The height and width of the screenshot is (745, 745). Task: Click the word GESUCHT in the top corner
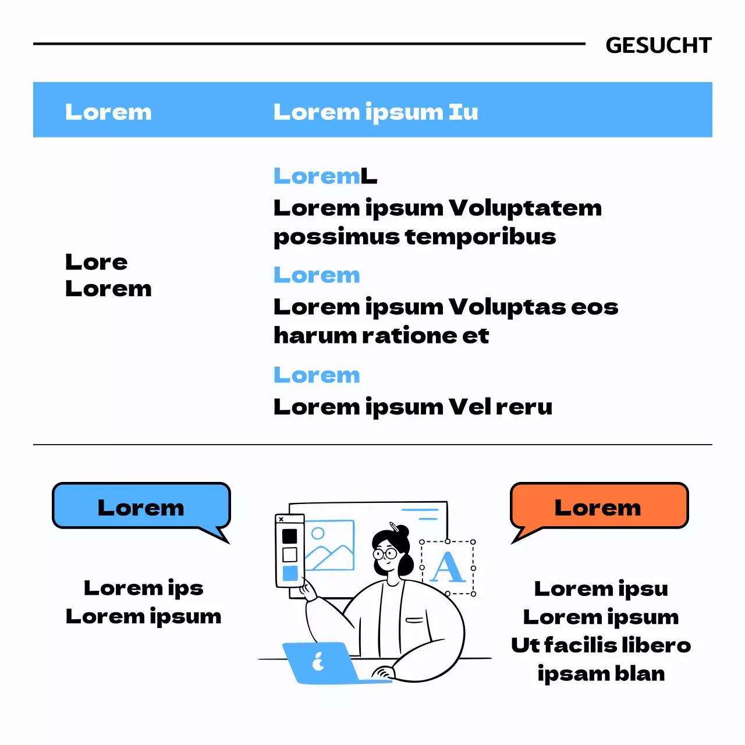coord(658,45)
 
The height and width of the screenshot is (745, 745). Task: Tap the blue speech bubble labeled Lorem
coord(141,506)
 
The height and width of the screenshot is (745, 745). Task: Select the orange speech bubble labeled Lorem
coord(598,506)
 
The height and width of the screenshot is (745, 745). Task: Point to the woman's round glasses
coord(385,552)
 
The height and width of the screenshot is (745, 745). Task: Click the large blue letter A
coord(448,567)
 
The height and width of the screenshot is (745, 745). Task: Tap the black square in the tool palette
coord(289,535)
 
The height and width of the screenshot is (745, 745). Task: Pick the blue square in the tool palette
coord(290,573)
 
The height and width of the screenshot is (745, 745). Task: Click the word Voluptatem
coord(525,208)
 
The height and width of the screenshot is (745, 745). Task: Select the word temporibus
coord(480,237)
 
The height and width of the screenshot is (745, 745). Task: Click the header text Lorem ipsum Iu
coord(375,112)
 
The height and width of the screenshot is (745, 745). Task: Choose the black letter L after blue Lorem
coord(368,176)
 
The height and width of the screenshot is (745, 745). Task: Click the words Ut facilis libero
coord(601,645)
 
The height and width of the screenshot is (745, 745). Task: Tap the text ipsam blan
coord(601,673)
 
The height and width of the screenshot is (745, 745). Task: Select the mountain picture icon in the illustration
coord(329,545)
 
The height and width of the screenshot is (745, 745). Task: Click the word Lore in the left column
coord(96,262)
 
